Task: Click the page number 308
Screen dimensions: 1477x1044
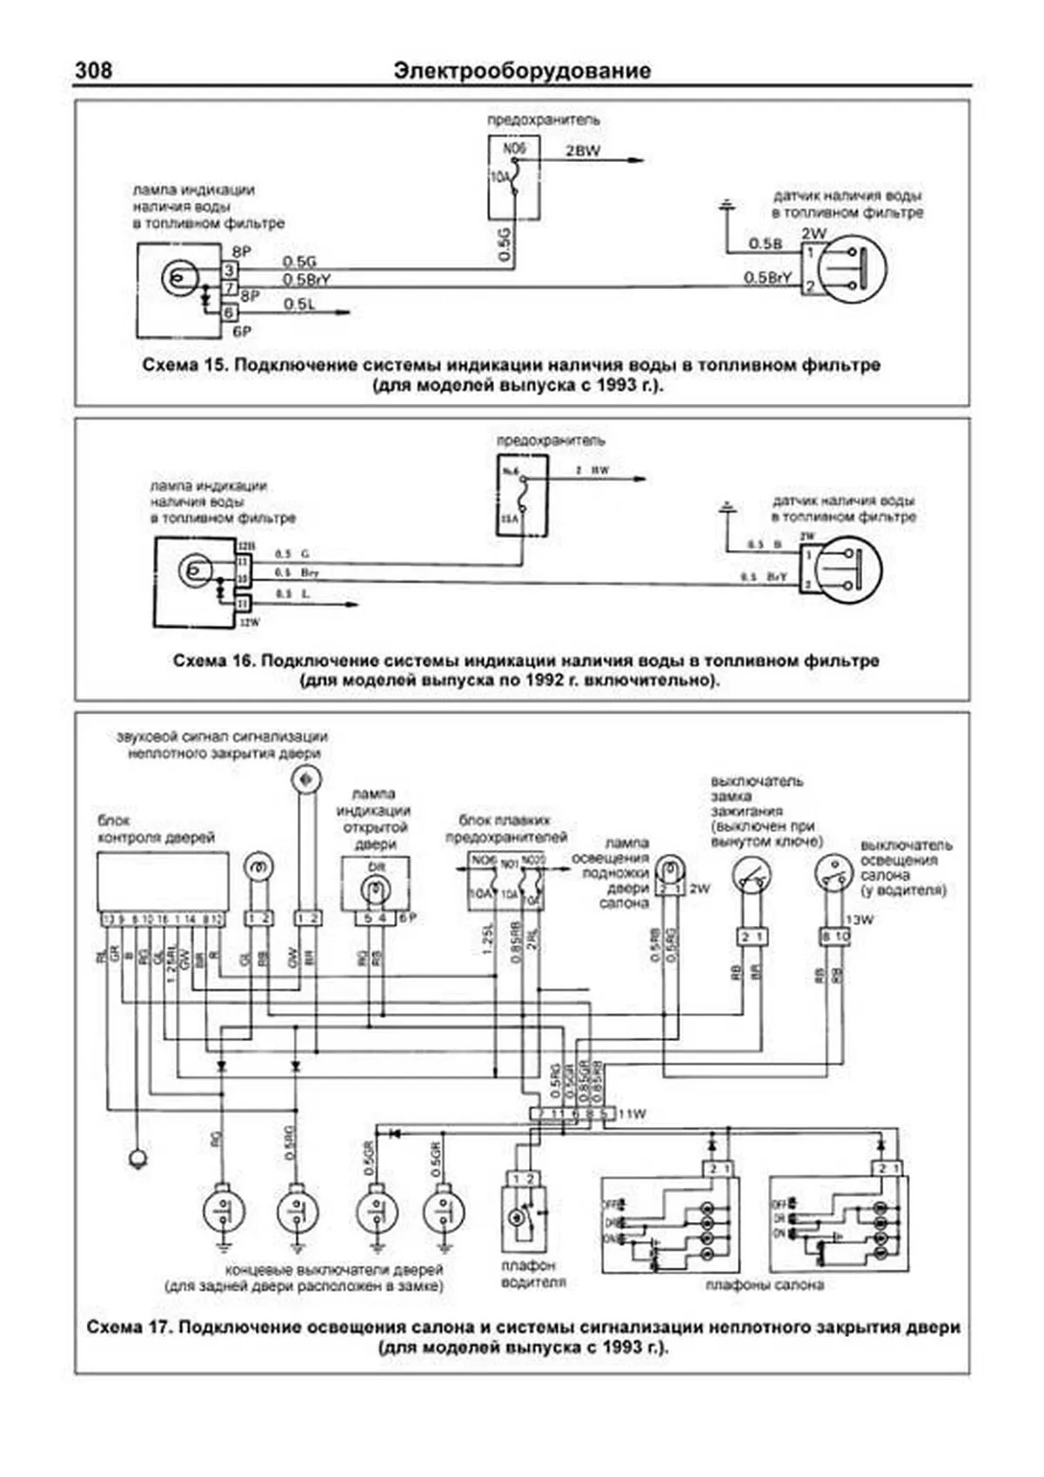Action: click(93, 70)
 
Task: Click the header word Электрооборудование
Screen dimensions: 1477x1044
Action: click(522, 70)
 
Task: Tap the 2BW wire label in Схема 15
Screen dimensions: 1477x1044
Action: click(583, 151)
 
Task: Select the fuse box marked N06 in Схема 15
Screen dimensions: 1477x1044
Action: click(515, 178)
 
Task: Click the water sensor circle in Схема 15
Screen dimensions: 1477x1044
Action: click(851, 268)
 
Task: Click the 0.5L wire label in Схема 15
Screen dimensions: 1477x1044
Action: click(299, 305)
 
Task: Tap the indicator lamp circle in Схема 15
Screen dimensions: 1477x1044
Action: click(177, 279)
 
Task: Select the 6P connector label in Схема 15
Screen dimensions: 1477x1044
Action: click(241, 332)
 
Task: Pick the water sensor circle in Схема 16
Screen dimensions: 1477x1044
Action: click(848, 571)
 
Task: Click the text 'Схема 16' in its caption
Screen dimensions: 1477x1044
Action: click(212, 661)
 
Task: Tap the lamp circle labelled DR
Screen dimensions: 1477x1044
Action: click(375, 889)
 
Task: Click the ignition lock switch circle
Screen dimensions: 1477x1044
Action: click(751, 874)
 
